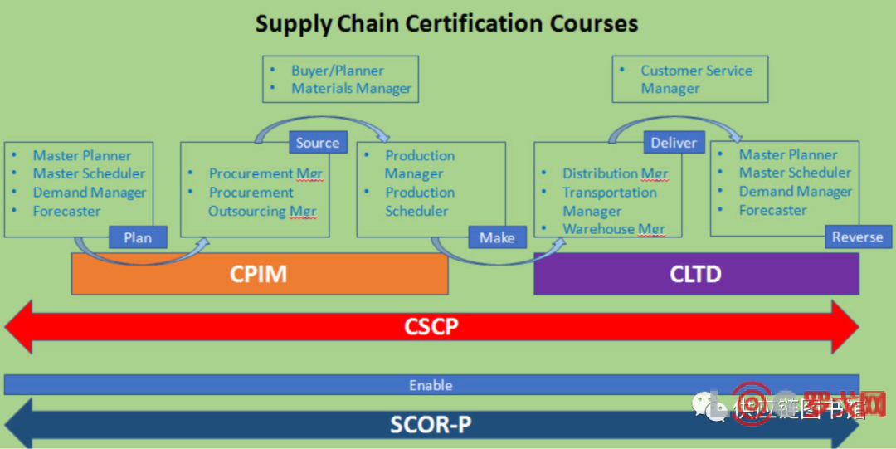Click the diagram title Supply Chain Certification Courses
coord(446,23)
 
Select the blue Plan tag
coord(138,237)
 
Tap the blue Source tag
coord(318,143)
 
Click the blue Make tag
coord(497,237)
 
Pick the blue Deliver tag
coord(674,143)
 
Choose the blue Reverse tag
coord(857,237)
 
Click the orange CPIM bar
coord(259,274)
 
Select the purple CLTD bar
coord(695,274)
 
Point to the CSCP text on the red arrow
coord(431,326)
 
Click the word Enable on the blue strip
coord(431,385)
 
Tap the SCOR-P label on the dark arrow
coord(431,425)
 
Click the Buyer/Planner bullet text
coord(337,71)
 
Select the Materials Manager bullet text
coord(351,89)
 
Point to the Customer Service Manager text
coord(695,80)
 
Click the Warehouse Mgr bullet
coord(613,229)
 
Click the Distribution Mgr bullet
coord(615,173)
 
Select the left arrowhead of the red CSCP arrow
coord(18,327)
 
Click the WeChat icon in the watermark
coord(710,406)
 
